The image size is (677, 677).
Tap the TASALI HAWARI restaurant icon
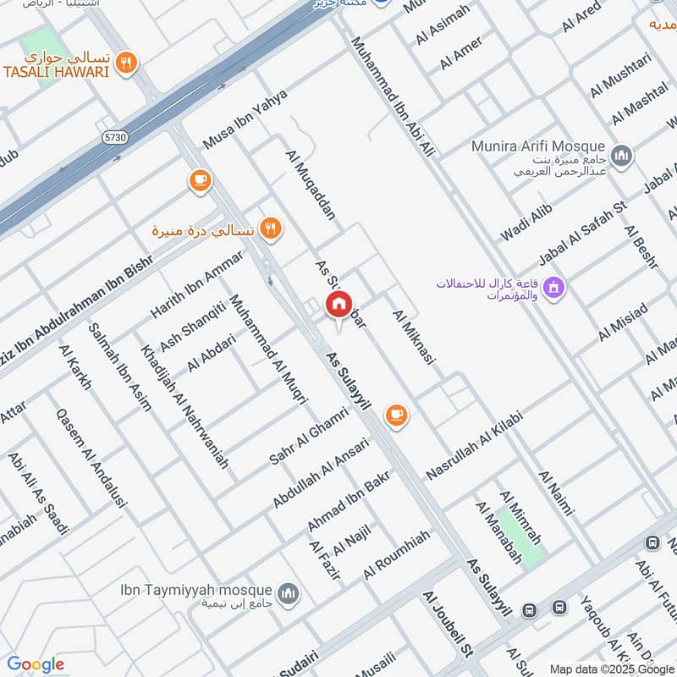tap(127, 62)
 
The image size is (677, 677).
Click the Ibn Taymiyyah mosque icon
tap(288, 593)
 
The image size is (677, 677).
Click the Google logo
tap(36, 664)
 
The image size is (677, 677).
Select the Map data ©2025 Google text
tap(612, 669)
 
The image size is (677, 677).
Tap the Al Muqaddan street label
tap(311, 185)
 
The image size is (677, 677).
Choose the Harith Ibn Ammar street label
tap(196, 284)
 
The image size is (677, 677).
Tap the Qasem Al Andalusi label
tap(91, 458)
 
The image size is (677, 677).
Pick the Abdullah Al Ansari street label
tap(321, 473)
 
